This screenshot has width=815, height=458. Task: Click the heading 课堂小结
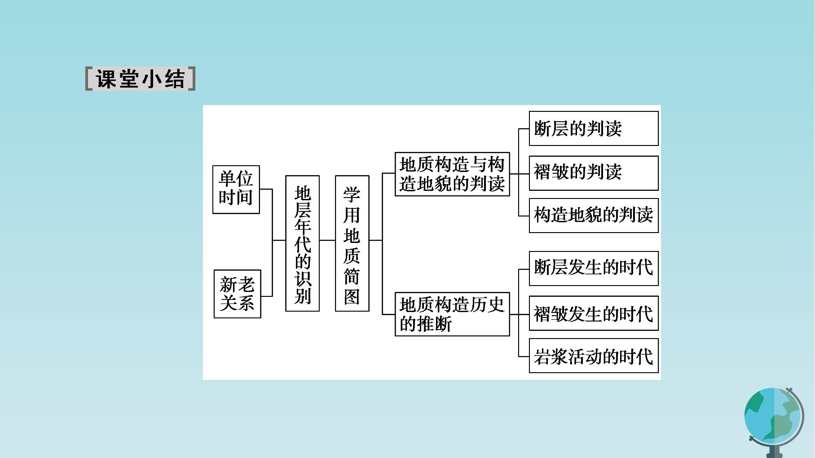[140, 79]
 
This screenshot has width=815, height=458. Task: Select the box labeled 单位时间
[236, 189]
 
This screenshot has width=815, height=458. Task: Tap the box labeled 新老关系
[238, 294]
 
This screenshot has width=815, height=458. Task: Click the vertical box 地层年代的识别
[303, 243]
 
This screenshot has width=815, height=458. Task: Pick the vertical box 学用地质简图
[352, 243]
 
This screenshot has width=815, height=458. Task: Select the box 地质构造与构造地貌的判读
[452, 174]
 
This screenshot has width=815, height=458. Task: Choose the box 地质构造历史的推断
[452, 314]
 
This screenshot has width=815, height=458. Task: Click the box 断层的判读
[594, 128]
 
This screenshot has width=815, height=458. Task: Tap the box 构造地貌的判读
[594, 216]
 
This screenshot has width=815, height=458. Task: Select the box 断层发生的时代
[594, 269]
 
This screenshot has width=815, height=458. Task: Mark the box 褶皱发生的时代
[594, 313]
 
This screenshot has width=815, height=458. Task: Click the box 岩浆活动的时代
[594, 356]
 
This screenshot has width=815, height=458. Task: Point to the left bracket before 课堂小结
[89, 79]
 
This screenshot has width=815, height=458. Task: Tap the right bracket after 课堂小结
[192, 79]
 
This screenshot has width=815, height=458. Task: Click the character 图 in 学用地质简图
[352, 297]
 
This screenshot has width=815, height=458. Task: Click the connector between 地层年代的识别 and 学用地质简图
[327, 240]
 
